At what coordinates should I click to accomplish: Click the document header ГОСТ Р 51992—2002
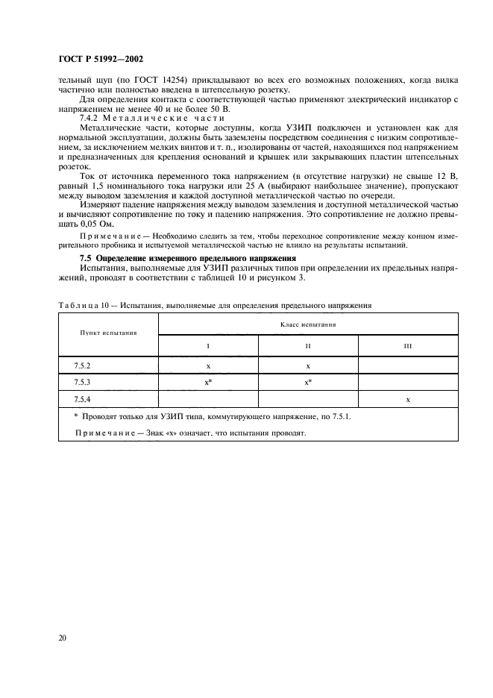click(x=99, y=58)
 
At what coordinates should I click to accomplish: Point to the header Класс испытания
click(x=308, y=325)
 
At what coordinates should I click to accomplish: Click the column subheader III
click(x=408, y=347)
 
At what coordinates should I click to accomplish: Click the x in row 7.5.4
click(x=408, y=400)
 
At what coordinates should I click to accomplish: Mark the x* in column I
click(x=209, y=383)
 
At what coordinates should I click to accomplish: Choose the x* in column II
click(x=308, y=383)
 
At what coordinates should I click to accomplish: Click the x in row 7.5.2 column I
click(x=208, y=367)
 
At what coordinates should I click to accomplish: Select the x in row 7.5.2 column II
click(x=308, y=367)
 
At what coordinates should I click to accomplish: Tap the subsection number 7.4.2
click(x=91, y=119)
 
